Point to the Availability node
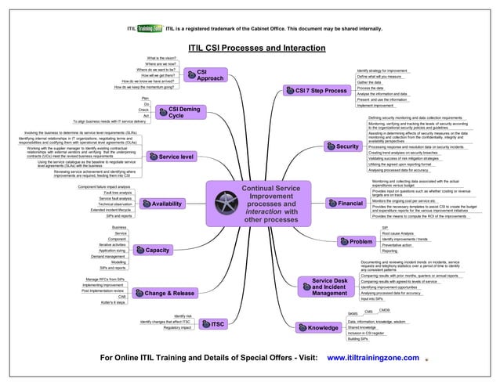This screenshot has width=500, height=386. click(x=162, y=204)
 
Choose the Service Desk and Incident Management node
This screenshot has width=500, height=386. click(x=328, y=287)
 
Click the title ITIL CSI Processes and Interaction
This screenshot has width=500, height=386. click(x=250, y=48)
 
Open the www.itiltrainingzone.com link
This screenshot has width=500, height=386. click(x=373, y=358)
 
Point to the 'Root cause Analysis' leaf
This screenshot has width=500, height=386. click(x=399, y=233)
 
